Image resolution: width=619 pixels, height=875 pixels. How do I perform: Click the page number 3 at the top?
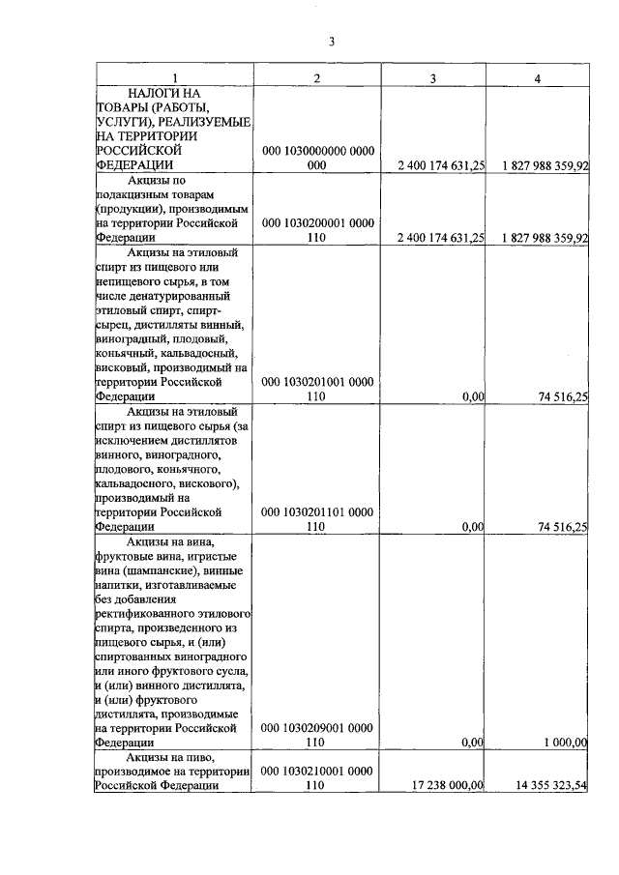click(x=331, y=42)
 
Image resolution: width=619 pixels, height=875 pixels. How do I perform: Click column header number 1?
click(x=174, y=77)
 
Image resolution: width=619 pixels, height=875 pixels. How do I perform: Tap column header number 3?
click(x=433, y=77)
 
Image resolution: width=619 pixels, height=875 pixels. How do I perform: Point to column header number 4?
click(x=538, y=77)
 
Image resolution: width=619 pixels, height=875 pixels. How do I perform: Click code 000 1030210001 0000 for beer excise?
click(x=318, y=771)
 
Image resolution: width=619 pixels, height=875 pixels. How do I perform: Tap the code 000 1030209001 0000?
click(x=318, y=727)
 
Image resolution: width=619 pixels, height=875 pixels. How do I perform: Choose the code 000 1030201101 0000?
click(x=318, y=511)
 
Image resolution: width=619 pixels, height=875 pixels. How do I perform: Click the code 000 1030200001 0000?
click(x=318, y=222)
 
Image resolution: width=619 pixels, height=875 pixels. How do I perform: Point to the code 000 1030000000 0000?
click(x=318, y=151)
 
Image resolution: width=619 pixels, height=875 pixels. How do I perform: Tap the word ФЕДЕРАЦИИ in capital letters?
click(x=133, y=165)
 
